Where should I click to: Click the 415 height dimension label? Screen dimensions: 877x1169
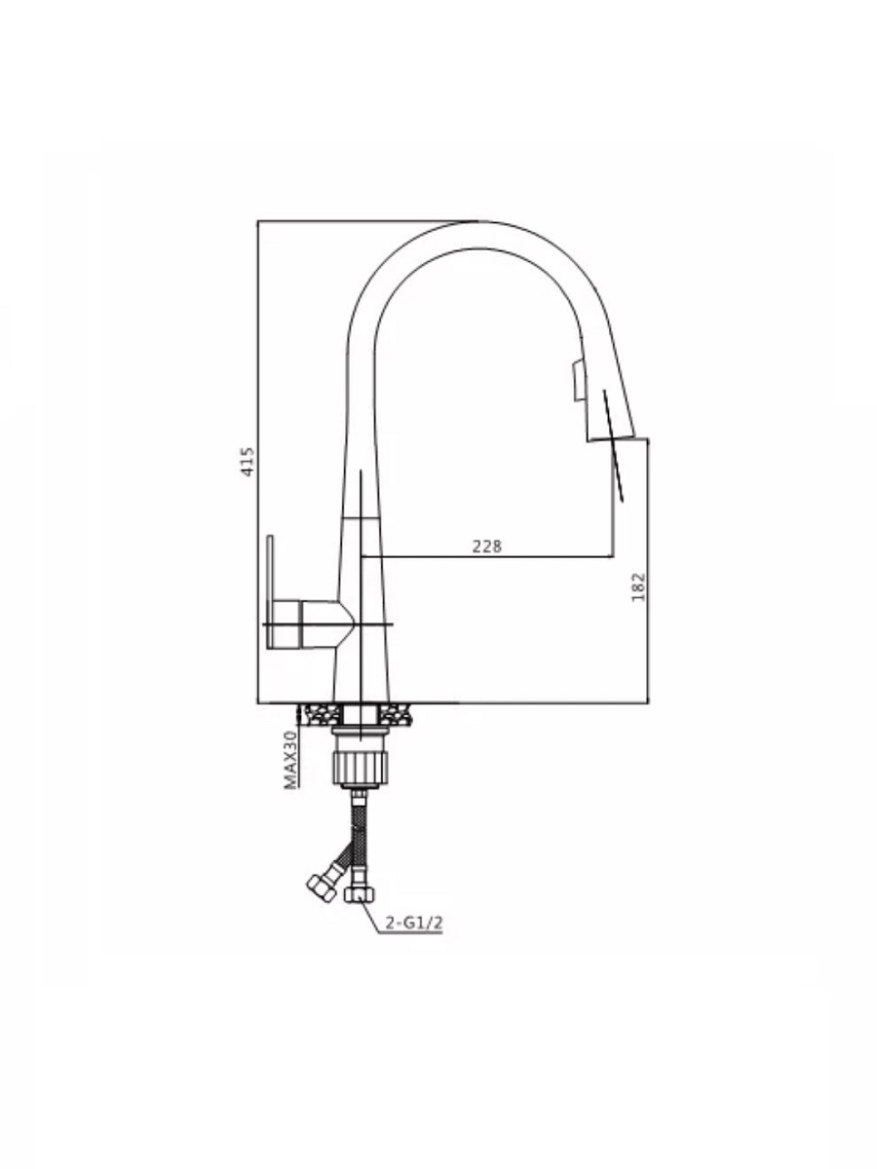[x=248, y=461]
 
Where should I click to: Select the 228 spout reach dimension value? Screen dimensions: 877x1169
[x=486, y=546]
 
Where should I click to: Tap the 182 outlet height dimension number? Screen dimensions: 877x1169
[x=638, y=587]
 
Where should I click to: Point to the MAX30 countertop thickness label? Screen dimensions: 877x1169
[x=290, y=760]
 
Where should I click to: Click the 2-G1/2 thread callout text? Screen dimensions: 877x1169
[x=414, y=923]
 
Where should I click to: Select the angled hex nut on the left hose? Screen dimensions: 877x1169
[x=323, y=887]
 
